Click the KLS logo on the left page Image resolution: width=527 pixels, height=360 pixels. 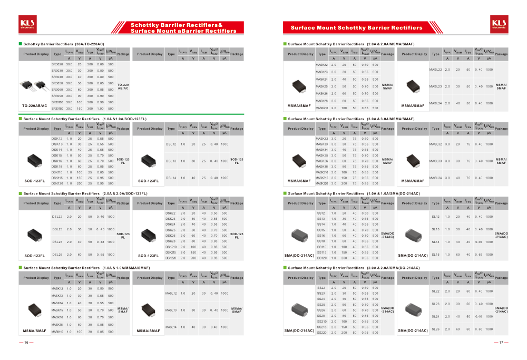[x=26, y=23]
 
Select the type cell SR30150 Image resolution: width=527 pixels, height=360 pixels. [x=57, y=108]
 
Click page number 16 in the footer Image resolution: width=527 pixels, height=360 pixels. [x=26, y=342]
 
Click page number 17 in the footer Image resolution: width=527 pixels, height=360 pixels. [x=501, y=342]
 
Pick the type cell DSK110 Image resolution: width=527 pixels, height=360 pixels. [x=57, y=172]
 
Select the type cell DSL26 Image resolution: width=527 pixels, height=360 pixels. [x=57, y=255]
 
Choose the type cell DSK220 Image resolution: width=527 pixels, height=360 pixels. [x=171, y=258]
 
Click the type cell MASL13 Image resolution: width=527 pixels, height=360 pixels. [x=171, y=310]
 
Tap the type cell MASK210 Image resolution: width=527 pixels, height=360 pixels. [x=321, y=108]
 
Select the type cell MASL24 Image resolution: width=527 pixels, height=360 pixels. [x=435, y=103]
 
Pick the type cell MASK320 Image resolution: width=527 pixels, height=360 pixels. [x=321, y=183]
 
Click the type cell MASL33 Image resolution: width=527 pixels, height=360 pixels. [x=435, y=161]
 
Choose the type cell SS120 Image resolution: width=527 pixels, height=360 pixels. [x=321, y=258]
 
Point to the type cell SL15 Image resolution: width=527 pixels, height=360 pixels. [x=435, y=255]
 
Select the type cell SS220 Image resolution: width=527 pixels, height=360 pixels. [x=321, y=333]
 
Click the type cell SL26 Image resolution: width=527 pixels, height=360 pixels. [x=435, y=329]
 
